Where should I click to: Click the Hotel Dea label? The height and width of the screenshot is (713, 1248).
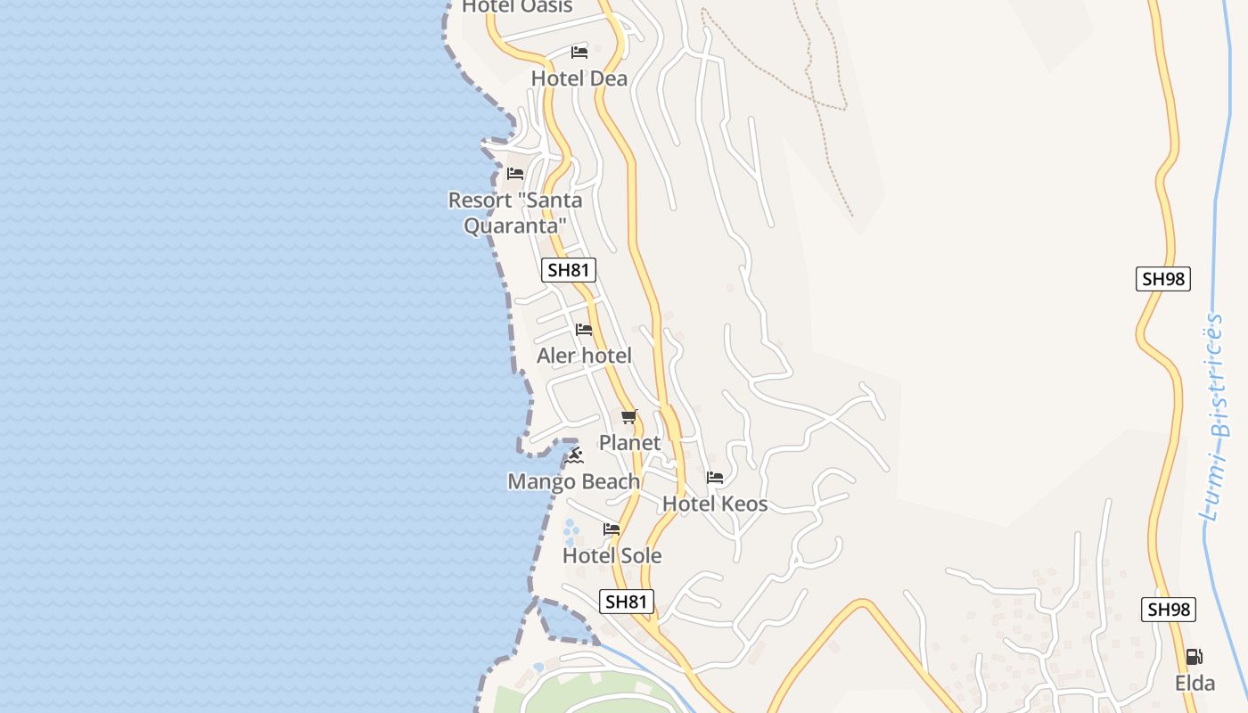(x=579, y=78)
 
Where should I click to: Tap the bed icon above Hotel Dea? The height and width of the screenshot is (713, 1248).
(x=579, y=53)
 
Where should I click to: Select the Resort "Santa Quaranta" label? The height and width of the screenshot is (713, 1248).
(x=515, y=213)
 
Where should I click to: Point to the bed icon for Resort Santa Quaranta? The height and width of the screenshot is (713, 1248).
(x=515, y=173)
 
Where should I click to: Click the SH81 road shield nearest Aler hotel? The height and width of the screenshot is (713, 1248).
(x=569, y=270)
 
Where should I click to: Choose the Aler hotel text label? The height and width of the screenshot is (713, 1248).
(x=584, y=356)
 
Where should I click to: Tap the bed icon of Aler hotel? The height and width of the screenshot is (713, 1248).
(x=584, y=330)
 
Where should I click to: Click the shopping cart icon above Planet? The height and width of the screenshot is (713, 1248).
(x=629, y=416)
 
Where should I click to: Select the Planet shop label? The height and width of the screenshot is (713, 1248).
(x=629, y=443)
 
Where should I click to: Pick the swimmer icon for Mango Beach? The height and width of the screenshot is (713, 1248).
(x=574, y=456)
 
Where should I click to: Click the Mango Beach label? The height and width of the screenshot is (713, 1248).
(x=573, y=482)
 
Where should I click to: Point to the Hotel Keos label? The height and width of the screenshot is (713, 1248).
(x=715, y=504)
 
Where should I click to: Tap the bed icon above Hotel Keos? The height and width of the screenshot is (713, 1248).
(x=715, y=478)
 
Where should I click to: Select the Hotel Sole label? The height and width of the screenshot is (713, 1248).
(x=612, y=556)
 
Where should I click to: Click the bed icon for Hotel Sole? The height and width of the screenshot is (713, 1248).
(x=612, y=529)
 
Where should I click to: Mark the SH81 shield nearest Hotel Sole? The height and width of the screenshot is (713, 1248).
(x=626, y=602)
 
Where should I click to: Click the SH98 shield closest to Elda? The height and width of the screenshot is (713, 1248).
(x=1169, y=610)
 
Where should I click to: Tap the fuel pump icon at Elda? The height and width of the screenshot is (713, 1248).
(x=1195, y=658)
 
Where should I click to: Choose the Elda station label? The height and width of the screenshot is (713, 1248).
(x=1195, y=684)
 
